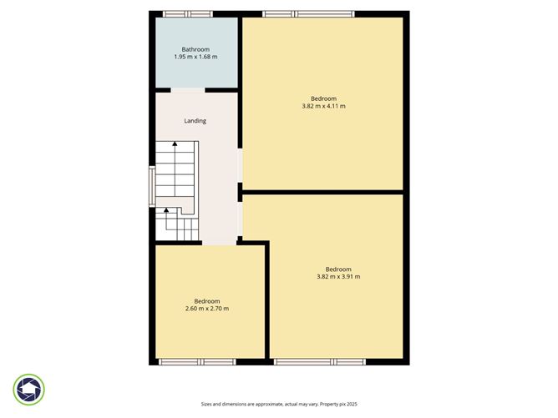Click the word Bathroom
[x=195, y=48]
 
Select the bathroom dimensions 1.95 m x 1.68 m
[x=195, y=57]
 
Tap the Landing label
[x=195, y=121]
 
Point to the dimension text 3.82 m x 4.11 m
[x=323, y=106]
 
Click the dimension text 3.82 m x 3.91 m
[x=338, y=277]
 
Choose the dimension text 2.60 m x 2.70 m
[x=207, y=309]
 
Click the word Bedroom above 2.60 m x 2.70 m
[x=207, y=300]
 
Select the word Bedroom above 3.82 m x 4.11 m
[x=323, y=98]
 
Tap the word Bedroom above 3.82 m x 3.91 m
[x=338, y=269]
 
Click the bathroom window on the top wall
[x=187, y=13]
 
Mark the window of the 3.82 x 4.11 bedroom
[x=307, y=13]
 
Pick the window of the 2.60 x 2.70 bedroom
[x=197, y=362]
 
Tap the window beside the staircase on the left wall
[x=152, y=186]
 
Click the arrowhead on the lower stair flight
[x=165, y=212]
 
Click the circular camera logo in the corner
[x=29, y=389]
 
